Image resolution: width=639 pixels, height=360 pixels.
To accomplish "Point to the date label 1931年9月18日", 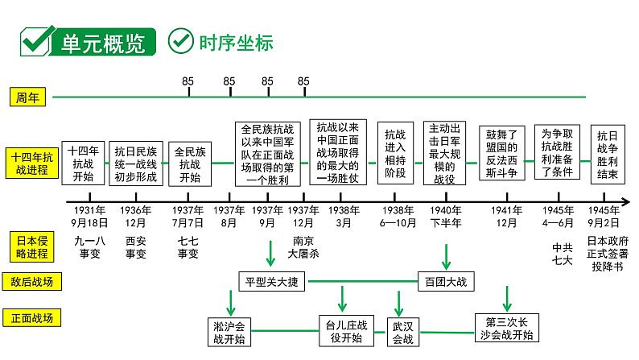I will (84, 216).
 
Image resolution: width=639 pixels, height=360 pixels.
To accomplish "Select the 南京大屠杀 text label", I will (304, 246).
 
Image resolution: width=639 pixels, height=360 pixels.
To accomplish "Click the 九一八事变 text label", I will (84, 246).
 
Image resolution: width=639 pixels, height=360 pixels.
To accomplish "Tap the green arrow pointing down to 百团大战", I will (445, 256).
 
